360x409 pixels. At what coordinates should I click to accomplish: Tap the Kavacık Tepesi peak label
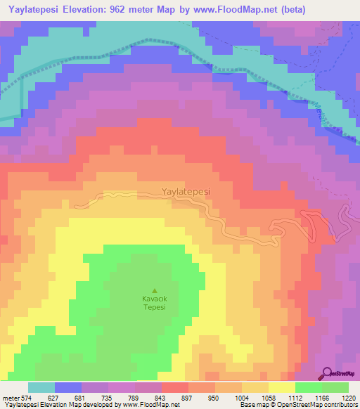[154, 302]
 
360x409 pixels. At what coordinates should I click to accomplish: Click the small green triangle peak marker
[155, 290]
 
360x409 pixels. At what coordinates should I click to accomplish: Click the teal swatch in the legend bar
[41, 387]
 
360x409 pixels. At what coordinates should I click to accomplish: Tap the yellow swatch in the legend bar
[281, 387]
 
